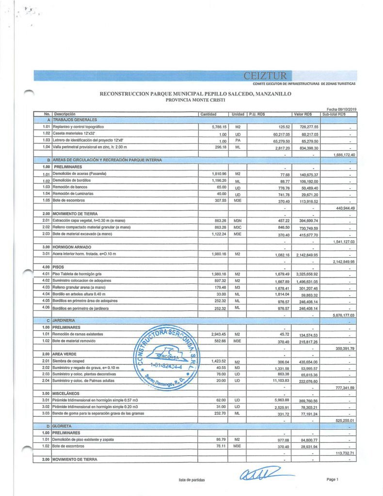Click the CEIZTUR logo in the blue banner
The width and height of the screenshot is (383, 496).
pos(265,76)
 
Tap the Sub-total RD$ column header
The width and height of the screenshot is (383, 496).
pos(334,114)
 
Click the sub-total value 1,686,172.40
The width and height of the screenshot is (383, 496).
pos(344,155)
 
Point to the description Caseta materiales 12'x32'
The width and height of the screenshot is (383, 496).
pos(78,133)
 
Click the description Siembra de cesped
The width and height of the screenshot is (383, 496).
pos(72,361)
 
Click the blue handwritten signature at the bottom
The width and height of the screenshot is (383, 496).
pos(260,473)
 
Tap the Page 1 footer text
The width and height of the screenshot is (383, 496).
pos(332,480)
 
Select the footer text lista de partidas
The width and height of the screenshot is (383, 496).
pos(191,480)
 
